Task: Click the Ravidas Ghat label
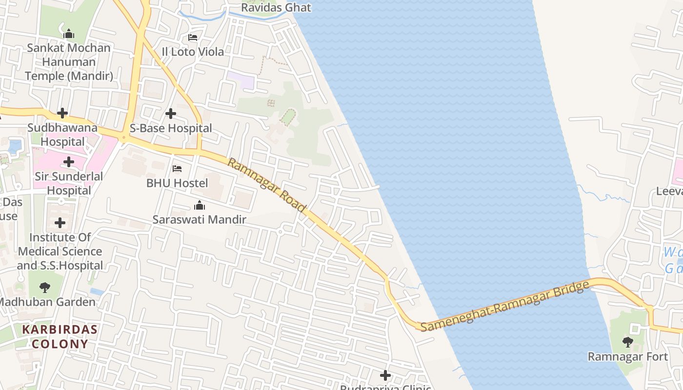[x=276, y=8]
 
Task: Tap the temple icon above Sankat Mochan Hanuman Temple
[x=69, y=34]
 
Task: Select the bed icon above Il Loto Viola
[x=193, y=38]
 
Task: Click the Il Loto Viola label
[x=193, y=52]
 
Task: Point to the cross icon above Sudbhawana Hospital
[x=62, y=114]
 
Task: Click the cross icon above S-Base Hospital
[x=170, y=114]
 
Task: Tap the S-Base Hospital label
[x=171, y=128]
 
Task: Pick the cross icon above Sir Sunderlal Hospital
[x=69, y=162]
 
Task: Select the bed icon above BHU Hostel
[x=177, y=169]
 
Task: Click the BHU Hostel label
[x=177, y=183]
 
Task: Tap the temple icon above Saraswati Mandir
[x=199, y=205]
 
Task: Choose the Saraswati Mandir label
[x=199, y=219]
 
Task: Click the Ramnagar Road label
[x=267, y=185]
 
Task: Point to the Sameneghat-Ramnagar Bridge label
[x=504, y=306]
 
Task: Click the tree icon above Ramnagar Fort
[x=627, y=342]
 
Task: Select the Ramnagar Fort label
[x=627, y=357]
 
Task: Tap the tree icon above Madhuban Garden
[x=45, y=288]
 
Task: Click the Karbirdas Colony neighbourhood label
[x=60, y=336]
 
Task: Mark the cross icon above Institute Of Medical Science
[x=60, y=223]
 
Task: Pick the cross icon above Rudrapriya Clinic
[x=385, y=375]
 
